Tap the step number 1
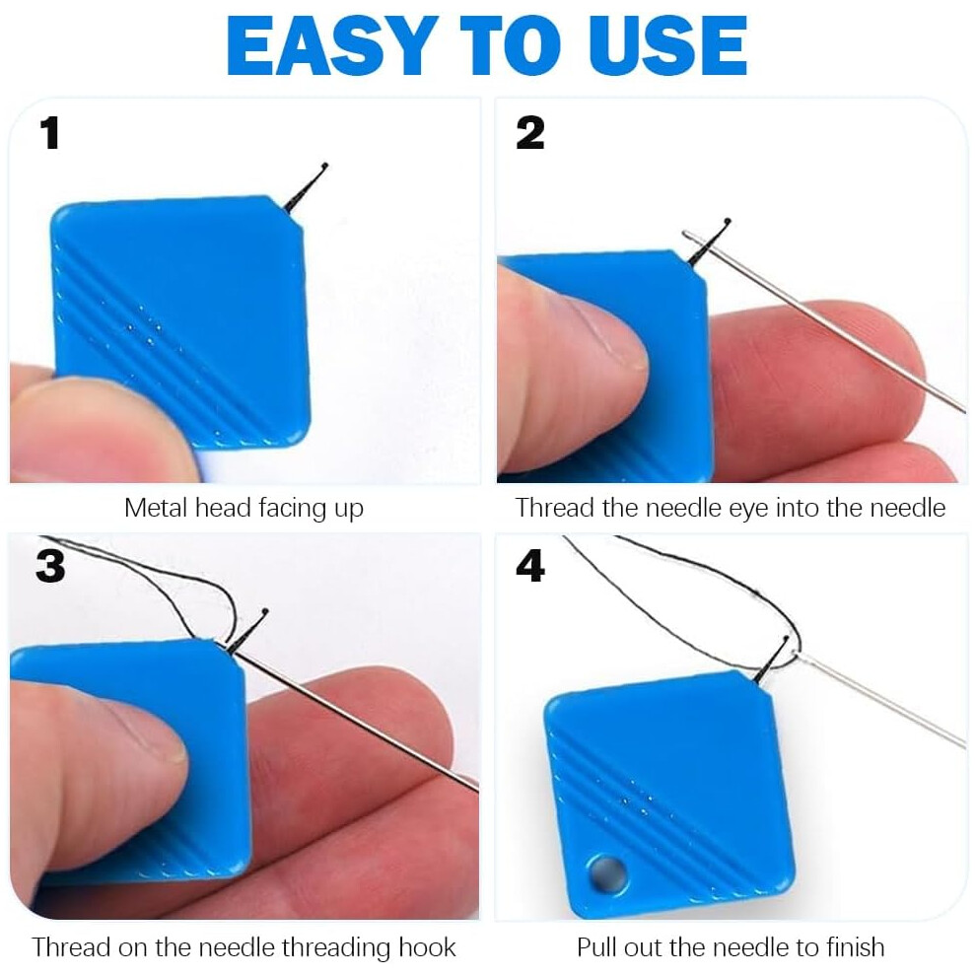click(49, 134)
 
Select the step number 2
click(529, 133)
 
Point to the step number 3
click(50, 566)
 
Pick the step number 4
click(530, 566)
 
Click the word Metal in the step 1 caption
click(156, 508)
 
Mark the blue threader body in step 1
click(180, 320)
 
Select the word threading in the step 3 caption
click(336, 948)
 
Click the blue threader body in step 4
click(669, 794)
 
